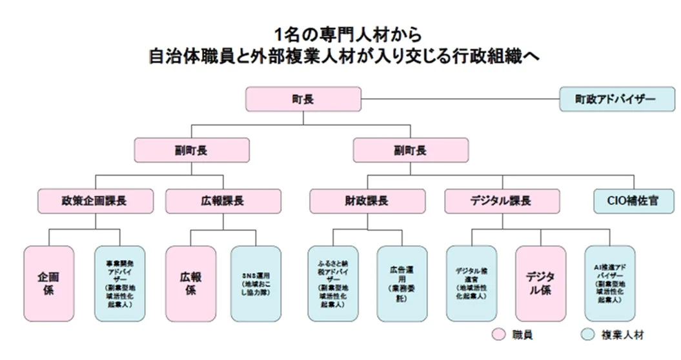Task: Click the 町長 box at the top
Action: coord(303,99)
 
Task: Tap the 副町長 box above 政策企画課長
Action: coord(191,150)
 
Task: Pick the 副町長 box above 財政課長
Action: coord(410,150)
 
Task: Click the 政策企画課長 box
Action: coord(95,201)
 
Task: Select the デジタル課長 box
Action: coord(502,201)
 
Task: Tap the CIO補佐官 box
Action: coord(631,201)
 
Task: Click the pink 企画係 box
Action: coord(50,284)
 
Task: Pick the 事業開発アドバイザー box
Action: coord(119,284)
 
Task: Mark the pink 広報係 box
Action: coord(191,284)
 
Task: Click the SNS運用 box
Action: coord(256,284)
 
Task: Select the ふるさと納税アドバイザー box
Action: coord(333,284)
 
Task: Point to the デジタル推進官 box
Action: coord(471,284)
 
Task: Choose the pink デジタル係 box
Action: coord(540,284)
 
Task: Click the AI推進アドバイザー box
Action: coord(609,284)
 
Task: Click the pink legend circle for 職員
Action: coord(498,334)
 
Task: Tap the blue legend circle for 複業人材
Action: coord(587,334)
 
